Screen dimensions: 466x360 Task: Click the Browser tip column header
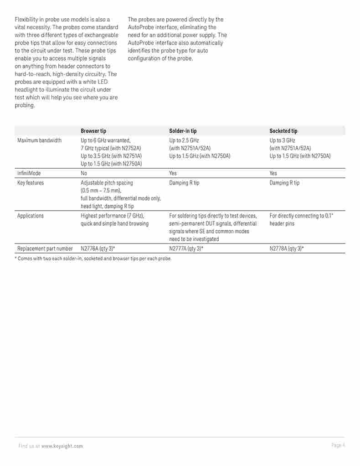(93, 131)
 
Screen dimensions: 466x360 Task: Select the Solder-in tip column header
(183, 131)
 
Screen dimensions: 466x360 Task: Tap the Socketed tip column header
(283, 131)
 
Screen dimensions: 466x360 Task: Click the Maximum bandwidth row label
(39, 140)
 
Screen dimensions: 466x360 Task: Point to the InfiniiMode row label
(29, 173)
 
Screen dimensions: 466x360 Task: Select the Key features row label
(31, 183)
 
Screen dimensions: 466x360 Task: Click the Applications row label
(31, 216)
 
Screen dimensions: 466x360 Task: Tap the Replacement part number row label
(45, 249)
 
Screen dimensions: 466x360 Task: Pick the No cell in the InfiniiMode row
(84, 173)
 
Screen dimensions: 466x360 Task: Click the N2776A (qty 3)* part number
(98, 249)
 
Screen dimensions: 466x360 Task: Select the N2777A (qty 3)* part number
(186, 249)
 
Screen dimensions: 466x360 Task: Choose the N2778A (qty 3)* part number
(287, 249)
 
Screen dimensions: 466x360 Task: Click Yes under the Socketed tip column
(273, 173)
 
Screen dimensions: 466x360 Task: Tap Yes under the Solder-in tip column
(173, 173)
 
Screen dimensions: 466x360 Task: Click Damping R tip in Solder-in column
(184, 183)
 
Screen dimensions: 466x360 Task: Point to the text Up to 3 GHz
(282, 140)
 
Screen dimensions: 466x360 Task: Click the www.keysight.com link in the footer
(62, 446)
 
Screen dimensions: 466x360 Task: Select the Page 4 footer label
(338, 445)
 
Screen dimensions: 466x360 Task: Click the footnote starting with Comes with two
(93, 259)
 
